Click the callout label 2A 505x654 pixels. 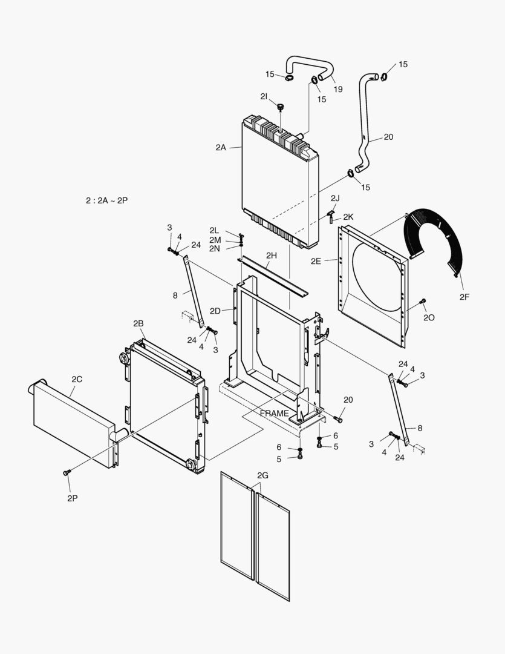click(220, 147)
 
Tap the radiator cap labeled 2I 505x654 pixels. click(280, 107)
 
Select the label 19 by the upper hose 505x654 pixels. click(337, 89)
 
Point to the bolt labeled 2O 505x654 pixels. click(423, 301)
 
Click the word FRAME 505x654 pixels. click(275, 413)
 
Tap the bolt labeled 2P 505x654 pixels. click(67, 472)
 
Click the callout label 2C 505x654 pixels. click(77, 379)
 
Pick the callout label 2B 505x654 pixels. click(138, 323)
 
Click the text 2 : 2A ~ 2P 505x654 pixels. click(106, 200)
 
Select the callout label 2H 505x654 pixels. click(271, 256)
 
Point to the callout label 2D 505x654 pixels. click(215, 311)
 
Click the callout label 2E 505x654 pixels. click(316, 261)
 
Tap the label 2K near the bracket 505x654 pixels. click(348, 216)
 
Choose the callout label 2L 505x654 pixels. click(214, 231)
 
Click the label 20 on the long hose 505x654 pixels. click(388, 137)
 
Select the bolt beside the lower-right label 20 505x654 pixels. click(339, 420)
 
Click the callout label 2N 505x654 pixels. click(214, 248)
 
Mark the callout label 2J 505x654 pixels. click(335, 198)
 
